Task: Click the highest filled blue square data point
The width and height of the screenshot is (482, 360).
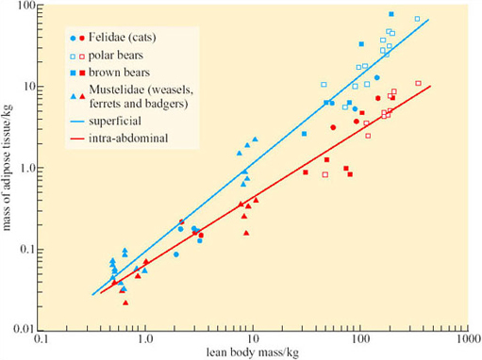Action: pos(391,14)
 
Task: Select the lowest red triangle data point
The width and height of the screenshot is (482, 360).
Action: pos(125,303)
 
